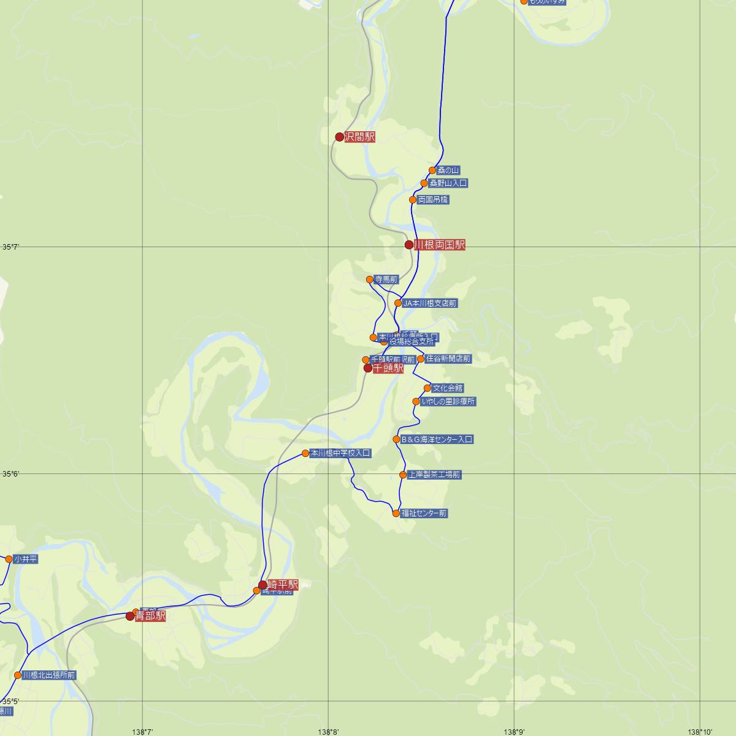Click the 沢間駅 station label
[x=359, y=137]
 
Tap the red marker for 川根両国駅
[x=409, y=245]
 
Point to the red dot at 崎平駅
[x=263, y=585]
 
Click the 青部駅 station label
[x=151, y=616]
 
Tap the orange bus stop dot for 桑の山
[x=432, y=171]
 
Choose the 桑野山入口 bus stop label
[x=448, y=183]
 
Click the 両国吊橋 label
[x=433, y=200]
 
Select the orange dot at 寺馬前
[x=370, y=280]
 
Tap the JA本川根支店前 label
[x=430, y=304]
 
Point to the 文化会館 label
[x=448, y=388]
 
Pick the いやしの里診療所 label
[x=448, y=402]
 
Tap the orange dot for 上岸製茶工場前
[x=403, y=475]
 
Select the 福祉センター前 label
[x=424, y=513]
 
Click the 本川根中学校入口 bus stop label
[x=340, y=453]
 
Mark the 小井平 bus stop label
[x=26, y=559]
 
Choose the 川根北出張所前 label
[x=49, y=675]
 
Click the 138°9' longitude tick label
[x=514, y=731]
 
